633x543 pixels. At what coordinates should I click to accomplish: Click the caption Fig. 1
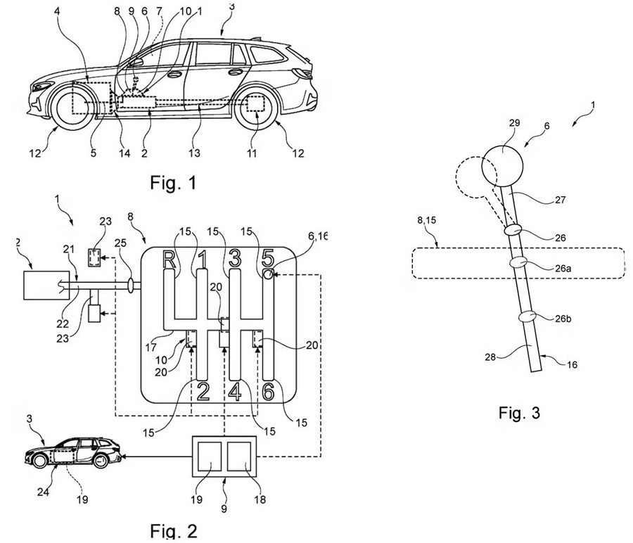(173, 182)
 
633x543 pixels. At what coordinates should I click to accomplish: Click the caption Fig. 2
(174, 530)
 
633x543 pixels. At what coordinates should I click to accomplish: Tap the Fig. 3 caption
(519, 413)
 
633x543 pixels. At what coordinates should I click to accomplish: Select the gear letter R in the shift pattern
(170, 260)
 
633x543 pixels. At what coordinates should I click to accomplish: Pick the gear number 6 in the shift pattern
(269, 391)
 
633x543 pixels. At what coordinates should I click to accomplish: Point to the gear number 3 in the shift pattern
(236, 258)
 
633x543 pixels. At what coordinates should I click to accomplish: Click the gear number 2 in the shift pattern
(203, 391)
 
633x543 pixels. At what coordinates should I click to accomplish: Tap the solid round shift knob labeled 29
(503, 165)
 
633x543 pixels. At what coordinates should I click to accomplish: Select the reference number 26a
(563, 268)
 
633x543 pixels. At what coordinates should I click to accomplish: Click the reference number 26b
(563, 319)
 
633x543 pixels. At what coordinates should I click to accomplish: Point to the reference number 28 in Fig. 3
(490, 357)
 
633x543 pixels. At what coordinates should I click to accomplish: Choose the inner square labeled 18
(239, 456)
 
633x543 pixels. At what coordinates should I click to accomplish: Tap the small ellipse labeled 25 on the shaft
(132, 286)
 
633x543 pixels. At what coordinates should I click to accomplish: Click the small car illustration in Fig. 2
(73, 452)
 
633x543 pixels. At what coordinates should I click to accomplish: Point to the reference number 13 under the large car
(194, 153)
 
